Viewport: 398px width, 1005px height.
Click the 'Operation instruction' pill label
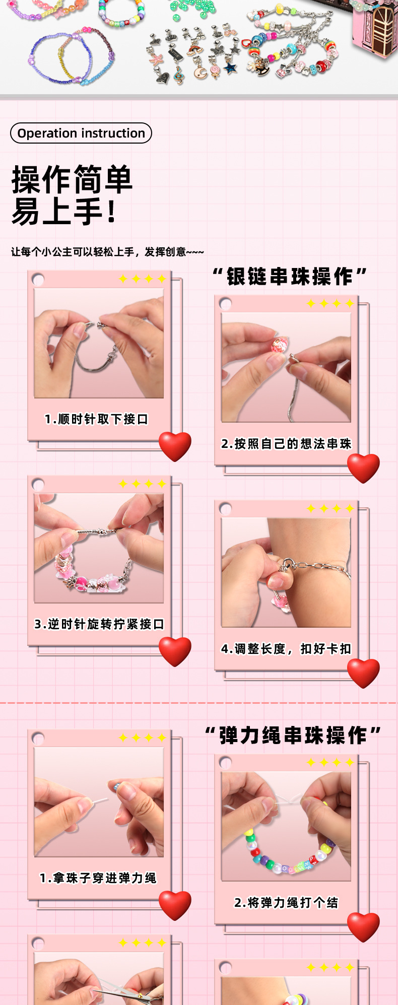pyautogui.click(x=81, y=133)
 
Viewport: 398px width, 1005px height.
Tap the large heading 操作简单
pyautogui.click(x=72, y=179)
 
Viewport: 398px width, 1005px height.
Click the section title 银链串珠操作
pyautogui.click(x=290, y=277)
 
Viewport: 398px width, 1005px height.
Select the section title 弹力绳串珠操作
pyautogui.click(x=293, y=735)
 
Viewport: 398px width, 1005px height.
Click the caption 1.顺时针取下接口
pyautogui.click(x=96, y=419)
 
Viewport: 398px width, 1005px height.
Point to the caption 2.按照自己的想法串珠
pyautogui.click(x=286, y=444)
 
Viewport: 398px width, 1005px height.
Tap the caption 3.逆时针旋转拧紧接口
pyautogui.click(x=99, y=624)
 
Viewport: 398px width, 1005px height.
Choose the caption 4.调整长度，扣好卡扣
pyautogui.click(x=286, y=649)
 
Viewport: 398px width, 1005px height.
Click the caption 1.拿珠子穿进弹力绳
pyautogui.click(x=98, y=878)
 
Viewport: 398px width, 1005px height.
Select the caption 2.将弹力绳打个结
pyautogui.click(x=286, y=903)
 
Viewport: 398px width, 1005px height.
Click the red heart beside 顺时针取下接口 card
pyautogui.click(x=175, y=446)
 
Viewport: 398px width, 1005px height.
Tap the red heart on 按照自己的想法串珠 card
pyautogui.click(x=363, y=467)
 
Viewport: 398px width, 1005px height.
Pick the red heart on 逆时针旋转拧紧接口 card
pyautogui.click(x=175, y=651)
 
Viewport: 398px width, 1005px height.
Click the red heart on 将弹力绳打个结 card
pyautogui.click(x=363, y=926)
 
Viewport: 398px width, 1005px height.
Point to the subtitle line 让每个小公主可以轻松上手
pyautogui.click(x=107, y=252)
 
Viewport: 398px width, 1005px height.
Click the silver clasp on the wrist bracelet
pyautogui.click(x=286, y=565)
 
